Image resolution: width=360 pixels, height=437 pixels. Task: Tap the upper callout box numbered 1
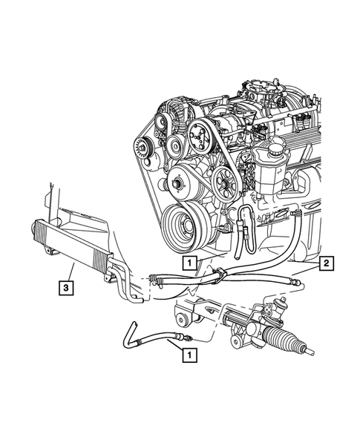tap(191, 262)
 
